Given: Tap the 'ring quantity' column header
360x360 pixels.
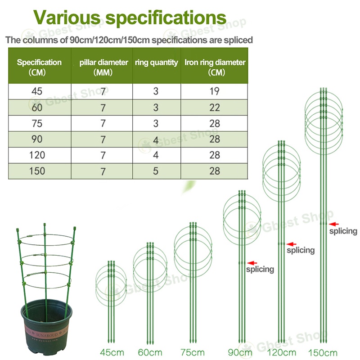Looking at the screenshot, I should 157,63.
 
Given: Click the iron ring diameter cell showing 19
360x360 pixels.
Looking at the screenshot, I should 215,91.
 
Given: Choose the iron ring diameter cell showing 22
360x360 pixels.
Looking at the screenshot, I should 215,107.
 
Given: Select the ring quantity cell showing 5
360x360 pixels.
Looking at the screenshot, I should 156,171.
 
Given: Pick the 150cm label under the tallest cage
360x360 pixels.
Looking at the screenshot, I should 323,352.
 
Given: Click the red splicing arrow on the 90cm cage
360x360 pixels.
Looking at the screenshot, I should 252,262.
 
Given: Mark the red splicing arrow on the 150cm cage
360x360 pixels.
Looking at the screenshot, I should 333,224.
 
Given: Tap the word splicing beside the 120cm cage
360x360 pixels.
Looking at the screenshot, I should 300,250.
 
